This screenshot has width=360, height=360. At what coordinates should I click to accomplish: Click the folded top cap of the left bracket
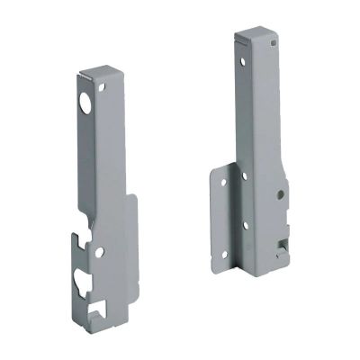pyautogui.click(x=97, y=70)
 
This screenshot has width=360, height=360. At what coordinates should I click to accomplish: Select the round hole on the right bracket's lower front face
pyautogui.click(x=282, y=193)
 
